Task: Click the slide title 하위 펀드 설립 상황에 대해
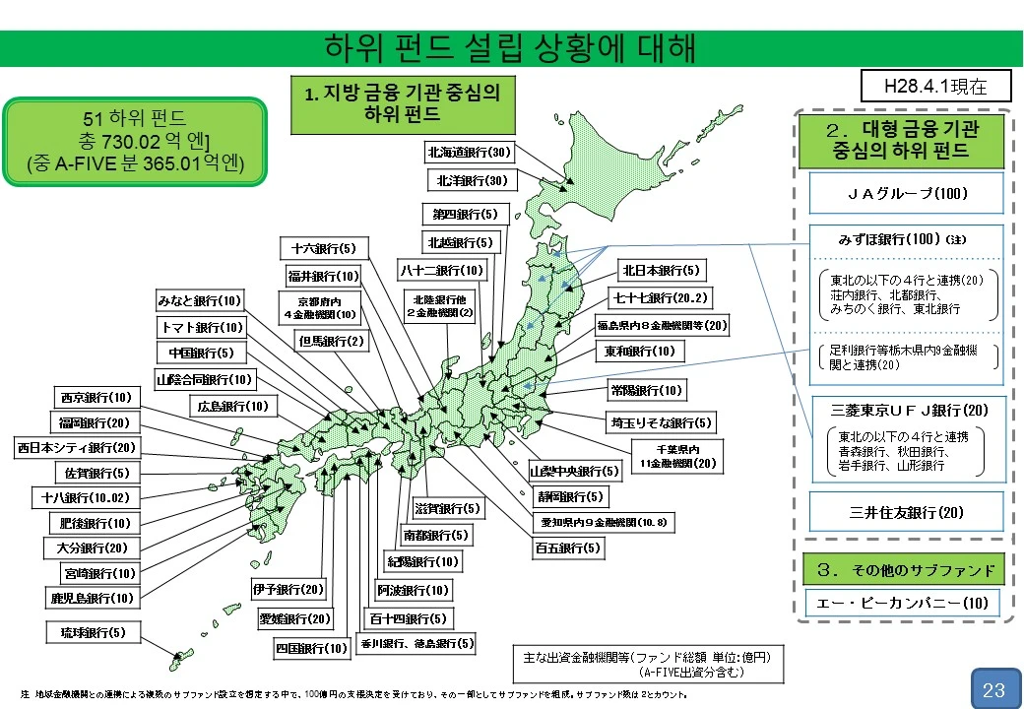tap(511, 47)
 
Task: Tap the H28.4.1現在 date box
tap(935, 86)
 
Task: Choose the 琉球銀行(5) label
tap(94, 631)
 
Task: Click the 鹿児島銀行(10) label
tap(92, 598)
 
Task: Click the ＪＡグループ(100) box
tap(906, 194)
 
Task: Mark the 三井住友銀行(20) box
tap(906, 512)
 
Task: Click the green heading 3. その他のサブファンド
tap(906, 569)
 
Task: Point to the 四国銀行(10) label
tap(311, 648)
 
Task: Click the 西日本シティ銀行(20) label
tap(76, 448)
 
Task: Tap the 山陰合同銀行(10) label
tap(204, 378)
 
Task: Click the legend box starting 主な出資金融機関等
tap(646, 664)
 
